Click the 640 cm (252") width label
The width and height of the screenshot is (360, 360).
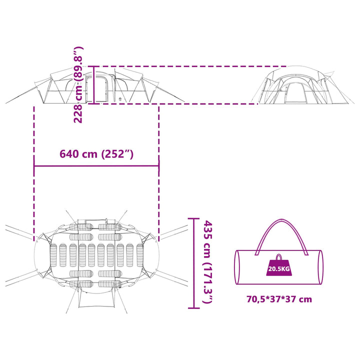click(x=96, y=154)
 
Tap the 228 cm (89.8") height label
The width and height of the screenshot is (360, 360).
click(x=78, y=84)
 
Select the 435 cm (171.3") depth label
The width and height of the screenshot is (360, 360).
click(x=208, y=261)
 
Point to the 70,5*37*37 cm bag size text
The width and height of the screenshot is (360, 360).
click(x=279, y=299)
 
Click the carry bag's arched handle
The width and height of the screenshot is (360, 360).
click(x=282, y=236)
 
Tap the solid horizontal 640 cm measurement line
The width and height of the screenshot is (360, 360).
click(x=96, y=166)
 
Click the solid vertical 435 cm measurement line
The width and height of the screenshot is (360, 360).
click(x=194, y=263)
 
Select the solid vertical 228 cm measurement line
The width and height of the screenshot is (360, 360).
click(x=93, y=85)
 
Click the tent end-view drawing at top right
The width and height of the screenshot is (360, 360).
click(x=303, y=85)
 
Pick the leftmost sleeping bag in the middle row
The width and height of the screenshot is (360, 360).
click(x=53, y=255)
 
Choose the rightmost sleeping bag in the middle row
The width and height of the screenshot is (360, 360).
click(x=140, y=255)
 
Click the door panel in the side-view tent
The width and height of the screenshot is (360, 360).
click(x=101, y=89)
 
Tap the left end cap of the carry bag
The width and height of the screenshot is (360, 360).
click(x=237, y=267)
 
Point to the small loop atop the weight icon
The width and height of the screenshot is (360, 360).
click(x=279, y=256)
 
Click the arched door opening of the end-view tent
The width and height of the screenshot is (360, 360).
click(x=295, y=93)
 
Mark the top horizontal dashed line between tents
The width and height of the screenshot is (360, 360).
click(x=190, y=66)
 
